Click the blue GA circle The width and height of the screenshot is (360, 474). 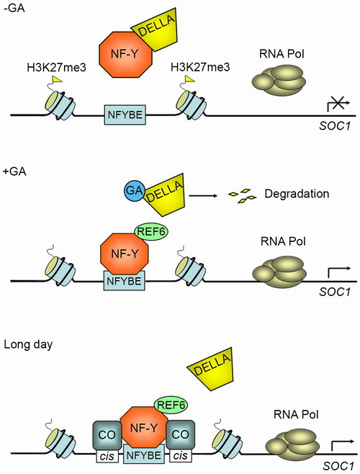pyautogui.click(x=134, y=191)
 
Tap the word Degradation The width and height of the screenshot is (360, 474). pyautogui.click(x=297, y=194)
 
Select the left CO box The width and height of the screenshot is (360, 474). pyautogui.click(x=107, y=434)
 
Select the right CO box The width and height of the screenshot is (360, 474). pyautogui.click(x=181, y=434)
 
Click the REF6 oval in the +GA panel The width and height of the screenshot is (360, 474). pyautogui.click(x=150, y=231)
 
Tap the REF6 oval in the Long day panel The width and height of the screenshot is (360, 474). pyautogui.click(x=171, y=404)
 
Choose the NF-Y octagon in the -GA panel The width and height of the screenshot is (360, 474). pyautogui.click(x=126, y=54)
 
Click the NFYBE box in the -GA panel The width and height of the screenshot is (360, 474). pyautogui.click(x=125, y=115)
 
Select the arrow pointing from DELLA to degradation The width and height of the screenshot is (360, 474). pyautogui.click(x=203, y=196)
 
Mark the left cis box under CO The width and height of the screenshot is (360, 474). pyautogui.click(x=107, y=455)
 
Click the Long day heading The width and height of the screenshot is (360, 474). pyautogui.click(x=28, y=345)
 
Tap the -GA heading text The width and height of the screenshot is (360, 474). pyautogui.click(x=14, y=8)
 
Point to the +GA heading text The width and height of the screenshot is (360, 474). pyautogui.click(x=15, y=171)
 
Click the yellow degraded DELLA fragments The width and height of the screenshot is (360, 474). pyautogui.click(x=242, y=196)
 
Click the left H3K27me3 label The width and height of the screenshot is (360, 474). pyautogui.click(x=57, y=67)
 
